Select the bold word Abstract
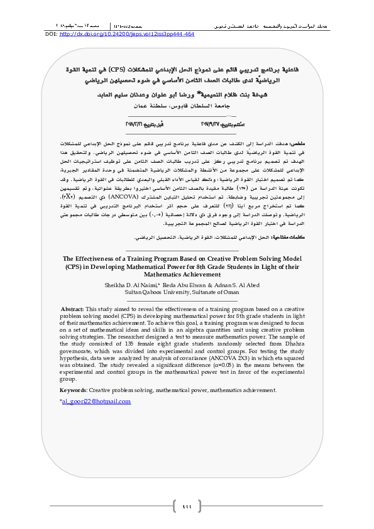[72, 309]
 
